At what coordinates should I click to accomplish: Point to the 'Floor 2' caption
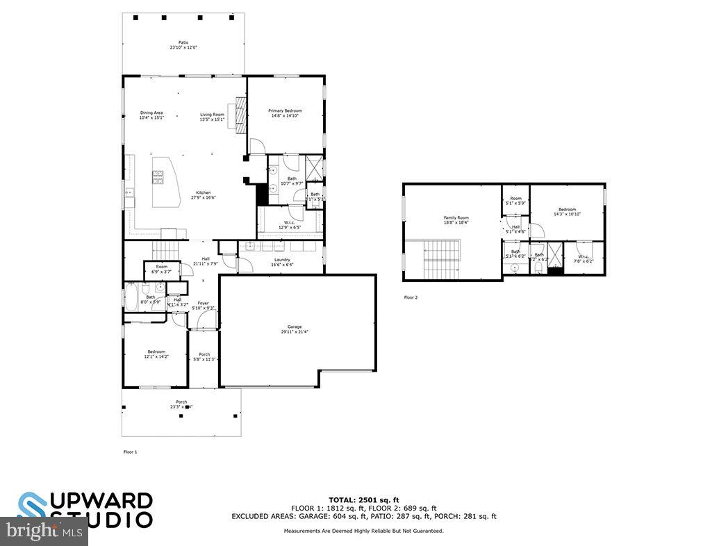click(411, 297)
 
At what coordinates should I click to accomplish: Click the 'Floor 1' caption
click(130, 452)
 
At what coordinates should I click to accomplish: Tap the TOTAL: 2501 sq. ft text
click(363, 499)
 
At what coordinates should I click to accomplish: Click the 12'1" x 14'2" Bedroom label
click(156, 354)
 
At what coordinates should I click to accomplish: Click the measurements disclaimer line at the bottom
click(363, 531)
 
